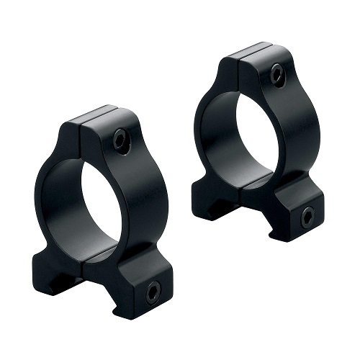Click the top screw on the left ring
(x=120, y=140)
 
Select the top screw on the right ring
(x=277, y=73)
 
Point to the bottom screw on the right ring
(x=307, y=215)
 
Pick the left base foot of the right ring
(x=213, y=194)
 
